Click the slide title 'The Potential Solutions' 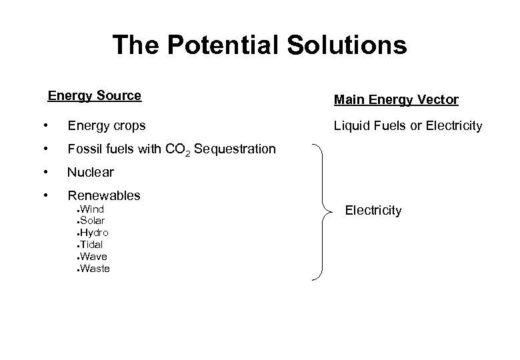(259, 45)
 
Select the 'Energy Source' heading (95, 95)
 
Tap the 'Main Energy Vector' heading (396, 100)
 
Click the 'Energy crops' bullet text (107, 125)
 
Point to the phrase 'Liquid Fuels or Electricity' (408, 125)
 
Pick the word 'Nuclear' (91, 172)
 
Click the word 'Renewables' (104, 195)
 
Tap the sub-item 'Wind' (91, 209)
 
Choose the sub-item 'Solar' (92, 220)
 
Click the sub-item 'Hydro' (94, 233)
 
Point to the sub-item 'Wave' (93, 257)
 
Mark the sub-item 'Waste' (95, 269)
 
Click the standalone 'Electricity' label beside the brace (373, 211)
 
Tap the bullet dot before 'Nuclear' (44, 172)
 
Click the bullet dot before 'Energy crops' (44, 125)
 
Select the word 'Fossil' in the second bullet (83, 149)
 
